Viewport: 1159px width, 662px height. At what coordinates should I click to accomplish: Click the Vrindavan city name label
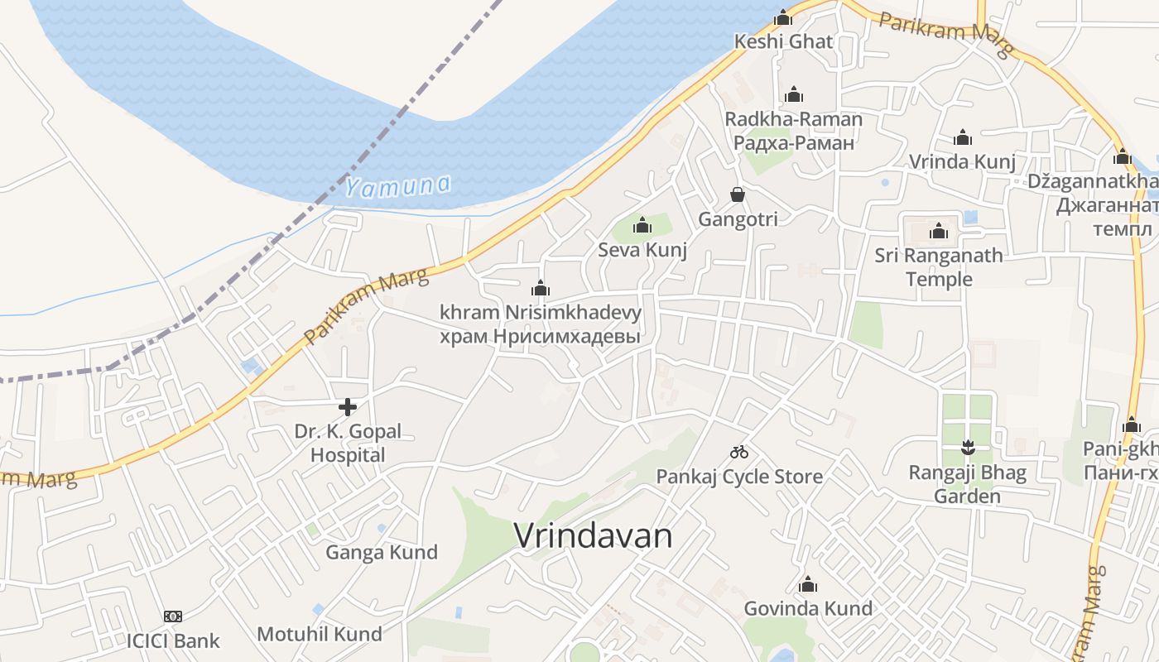593,535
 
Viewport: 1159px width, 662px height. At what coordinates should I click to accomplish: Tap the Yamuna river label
397,186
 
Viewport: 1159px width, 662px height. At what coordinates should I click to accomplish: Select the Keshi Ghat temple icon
783,17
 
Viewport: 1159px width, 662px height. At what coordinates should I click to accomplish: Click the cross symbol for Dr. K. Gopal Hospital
348,406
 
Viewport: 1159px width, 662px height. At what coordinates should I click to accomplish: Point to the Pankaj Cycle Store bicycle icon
739,452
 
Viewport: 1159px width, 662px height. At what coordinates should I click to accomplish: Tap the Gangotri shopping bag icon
738,194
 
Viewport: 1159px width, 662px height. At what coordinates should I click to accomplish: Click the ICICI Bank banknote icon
173,616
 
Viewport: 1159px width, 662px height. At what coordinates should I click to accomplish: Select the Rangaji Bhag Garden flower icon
967,449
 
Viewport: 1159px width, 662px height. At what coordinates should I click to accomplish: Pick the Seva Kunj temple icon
642,224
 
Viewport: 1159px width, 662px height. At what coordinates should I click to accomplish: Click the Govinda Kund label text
808,608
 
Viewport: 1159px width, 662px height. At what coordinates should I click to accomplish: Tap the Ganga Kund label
382,552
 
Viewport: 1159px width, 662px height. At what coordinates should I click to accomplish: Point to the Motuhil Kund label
320,634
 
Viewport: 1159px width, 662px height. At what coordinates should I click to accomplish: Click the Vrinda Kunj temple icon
962,137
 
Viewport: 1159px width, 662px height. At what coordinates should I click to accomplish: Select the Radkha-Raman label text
794,119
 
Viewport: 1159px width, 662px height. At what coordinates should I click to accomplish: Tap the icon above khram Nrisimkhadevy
541,288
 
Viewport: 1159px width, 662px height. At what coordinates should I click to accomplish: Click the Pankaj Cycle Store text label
739,477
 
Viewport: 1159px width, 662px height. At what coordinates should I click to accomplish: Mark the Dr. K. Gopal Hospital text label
348,443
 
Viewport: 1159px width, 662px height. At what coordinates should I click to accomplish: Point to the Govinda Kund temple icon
808,584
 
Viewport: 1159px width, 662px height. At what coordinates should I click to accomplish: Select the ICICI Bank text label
173,640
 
